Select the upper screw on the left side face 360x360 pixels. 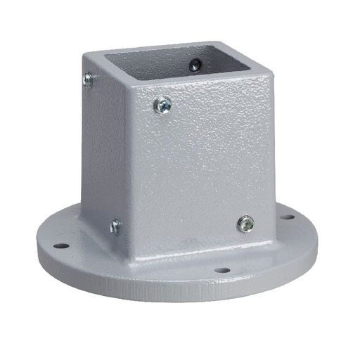tap(88, 80)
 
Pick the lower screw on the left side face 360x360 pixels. tap(115, 226)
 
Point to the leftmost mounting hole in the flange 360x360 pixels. tap(61, 246)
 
